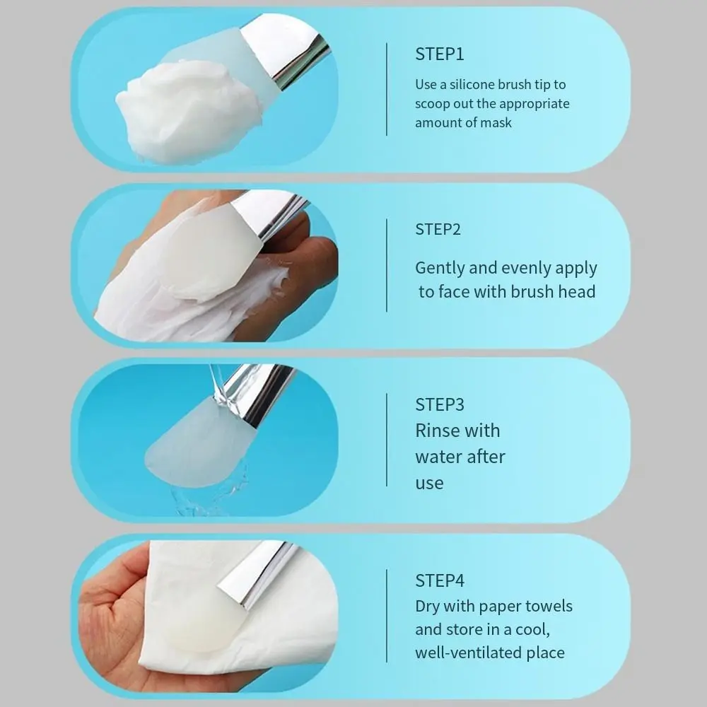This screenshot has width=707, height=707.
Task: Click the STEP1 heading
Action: [x=439, y=54]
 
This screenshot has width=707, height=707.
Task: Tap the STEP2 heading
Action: [x=439, y=229]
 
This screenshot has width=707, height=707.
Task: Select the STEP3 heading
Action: [x=439, y=404]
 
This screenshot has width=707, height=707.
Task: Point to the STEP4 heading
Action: [x=439, y=580]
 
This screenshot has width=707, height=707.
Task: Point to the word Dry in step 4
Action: [x=427, y=607]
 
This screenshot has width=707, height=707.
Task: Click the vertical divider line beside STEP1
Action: [x=387, y=89]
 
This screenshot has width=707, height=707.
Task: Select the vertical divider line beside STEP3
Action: [x=387, y=440]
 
